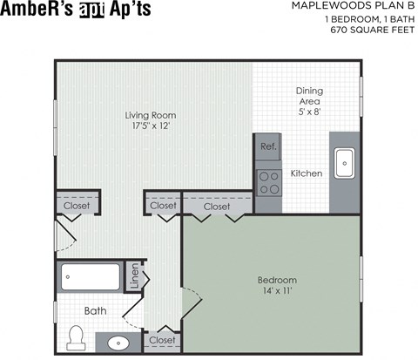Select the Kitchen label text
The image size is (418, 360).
click(307, 173)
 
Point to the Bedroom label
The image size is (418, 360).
click(277, 280)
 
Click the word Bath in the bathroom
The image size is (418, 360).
click(95, 310)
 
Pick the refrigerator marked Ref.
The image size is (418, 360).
click(268, 146)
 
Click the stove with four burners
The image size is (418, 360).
click(268, 181)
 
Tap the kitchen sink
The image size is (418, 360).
click(344, 160)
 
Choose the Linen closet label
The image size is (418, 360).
click(134, 277)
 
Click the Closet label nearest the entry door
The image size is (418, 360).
click(78, 206)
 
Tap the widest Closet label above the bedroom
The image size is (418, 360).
click(217, 207)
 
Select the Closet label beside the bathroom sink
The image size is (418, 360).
click(162, 339)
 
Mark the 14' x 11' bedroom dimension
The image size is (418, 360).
click(277, 292)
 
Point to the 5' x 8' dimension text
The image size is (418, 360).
click(309, 112)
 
